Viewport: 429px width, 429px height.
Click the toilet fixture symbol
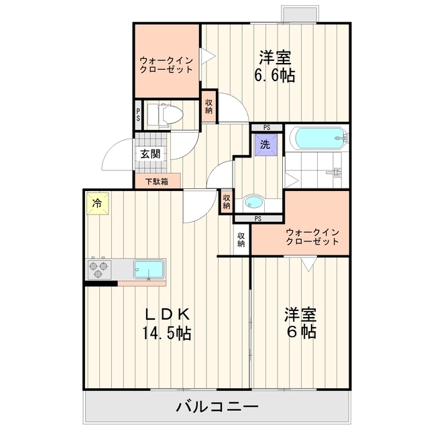tap(165, 115)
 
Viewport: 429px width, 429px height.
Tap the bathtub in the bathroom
tap(319, 137)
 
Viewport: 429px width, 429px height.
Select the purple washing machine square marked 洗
tap(266, 145)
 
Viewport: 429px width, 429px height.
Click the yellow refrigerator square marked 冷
tap(98, 204)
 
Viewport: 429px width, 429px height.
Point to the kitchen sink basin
tap(149, 269)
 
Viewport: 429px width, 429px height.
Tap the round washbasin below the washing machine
tap(253, 202)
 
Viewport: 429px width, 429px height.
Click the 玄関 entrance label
tap(150, 154)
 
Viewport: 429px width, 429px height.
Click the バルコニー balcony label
tap(217, 407)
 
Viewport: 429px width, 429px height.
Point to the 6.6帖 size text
tap(275, 76)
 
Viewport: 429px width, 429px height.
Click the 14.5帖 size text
tap(166, 333)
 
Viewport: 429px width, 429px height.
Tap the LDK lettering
tap(167, 314)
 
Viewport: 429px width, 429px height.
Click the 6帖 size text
tap(302, 332)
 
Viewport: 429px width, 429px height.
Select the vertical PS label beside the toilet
tap(138, 115)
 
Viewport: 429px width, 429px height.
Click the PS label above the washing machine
tap(267, 127)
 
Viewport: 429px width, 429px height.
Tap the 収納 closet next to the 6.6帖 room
tap(209, 106)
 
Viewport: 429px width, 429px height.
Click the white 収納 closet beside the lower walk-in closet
tap(241, 240)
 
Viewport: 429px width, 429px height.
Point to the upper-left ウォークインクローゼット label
tap(166, 65)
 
